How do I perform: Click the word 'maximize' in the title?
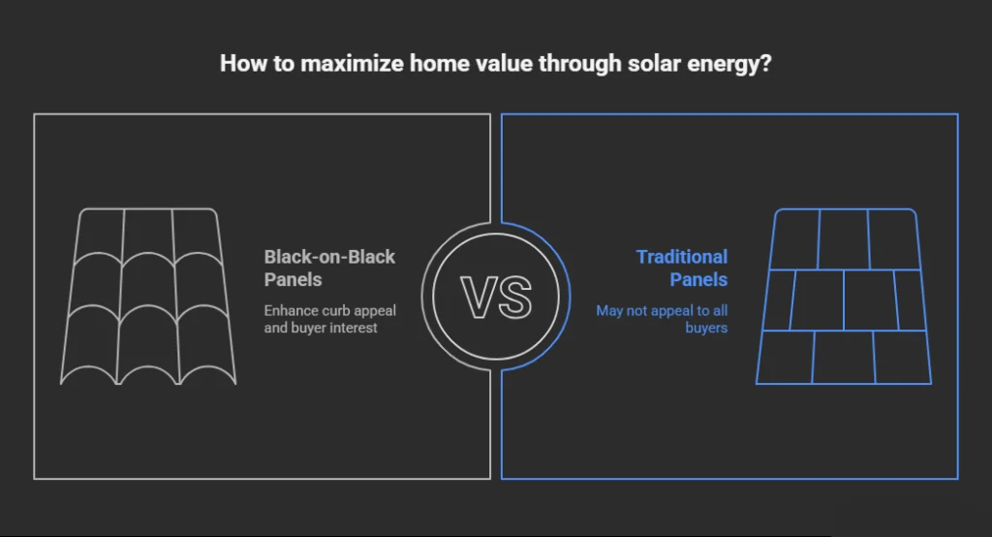pyautogui.click(x=352, y=63)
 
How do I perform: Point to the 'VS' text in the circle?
pyautogui.click(x=496, y=298)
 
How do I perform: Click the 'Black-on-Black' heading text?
pyautogui.click(x=329, y=257)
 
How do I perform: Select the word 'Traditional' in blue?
pyautogui.click(x=682, y=257)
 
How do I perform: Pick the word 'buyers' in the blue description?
pyautogui.click(x=706, y=328)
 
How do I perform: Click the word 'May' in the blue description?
pyautogui.click(x=609, y=311)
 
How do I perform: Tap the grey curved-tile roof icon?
pyautogui.click(x=148, y=297)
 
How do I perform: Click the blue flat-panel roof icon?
pyautogui.click(x=844, y=297)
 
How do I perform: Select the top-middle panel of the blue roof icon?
pyautogui.click(x=844, y=239)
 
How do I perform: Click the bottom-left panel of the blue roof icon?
pyautogui.click(x=785, y=357)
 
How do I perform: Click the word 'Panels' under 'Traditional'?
pyautogui.click(x=698, y=279)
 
